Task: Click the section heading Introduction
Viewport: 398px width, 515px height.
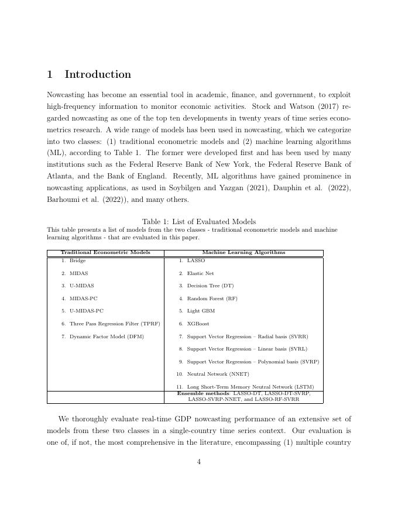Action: (x=98, y=74)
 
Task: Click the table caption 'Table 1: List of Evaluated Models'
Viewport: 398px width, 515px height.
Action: (x=198, y=221)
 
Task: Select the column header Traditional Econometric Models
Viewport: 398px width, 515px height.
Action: (x=105, y=253)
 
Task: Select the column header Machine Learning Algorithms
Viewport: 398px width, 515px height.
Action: (x=243, y=253)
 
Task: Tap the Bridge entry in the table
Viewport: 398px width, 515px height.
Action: (x=77, y=260)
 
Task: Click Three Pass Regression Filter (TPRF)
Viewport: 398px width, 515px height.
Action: (x=114, y=324)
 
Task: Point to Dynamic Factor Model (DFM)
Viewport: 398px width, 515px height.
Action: (x=106, y=337)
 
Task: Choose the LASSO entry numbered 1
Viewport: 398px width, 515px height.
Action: (x=195, y=260)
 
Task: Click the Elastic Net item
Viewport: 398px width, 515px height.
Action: (x=200, y=273)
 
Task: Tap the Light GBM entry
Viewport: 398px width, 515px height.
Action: (x=201, y=311)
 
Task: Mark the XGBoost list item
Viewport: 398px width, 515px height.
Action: (x=198, y=324)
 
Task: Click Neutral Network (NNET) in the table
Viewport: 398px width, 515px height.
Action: (x=218, y=374)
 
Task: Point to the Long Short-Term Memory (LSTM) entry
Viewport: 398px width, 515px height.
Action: (x=250, y=387)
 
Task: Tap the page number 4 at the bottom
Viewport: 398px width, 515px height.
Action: (x=199, y=462)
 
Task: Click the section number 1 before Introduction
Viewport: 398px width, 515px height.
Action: (x=50, y=74)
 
